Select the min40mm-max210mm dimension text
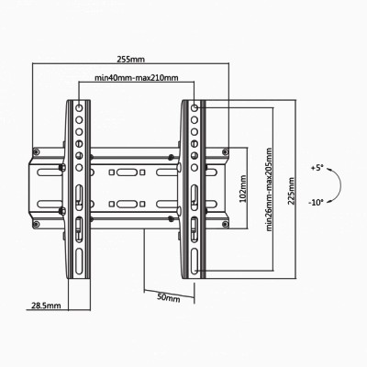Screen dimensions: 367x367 click(x=136, y=79)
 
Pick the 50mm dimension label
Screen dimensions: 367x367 click(x=169, y=298)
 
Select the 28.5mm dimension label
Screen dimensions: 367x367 click(x=44, y=306)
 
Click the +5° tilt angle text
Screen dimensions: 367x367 click(x=317, y=168)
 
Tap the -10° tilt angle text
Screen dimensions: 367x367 click(x=317, y=203)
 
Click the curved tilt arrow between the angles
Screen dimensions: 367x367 click(x=336, y=185)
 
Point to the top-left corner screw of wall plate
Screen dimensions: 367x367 click(x=37, y=150)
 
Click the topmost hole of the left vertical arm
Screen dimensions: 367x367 click(x=78, y=107)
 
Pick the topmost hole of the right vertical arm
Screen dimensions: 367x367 click(x=195, y=107)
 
